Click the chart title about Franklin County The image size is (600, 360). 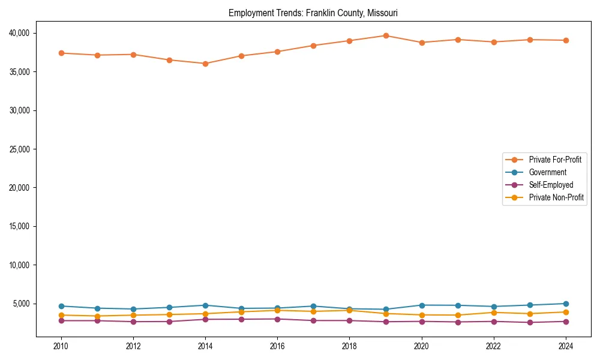point(313,13)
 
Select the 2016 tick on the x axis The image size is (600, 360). point(277,346)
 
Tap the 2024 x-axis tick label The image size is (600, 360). point(566,346)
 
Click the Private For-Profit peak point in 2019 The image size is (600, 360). point(386,36)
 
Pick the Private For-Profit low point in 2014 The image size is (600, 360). point(205,64)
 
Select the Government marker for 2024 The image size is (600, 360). point(566,304)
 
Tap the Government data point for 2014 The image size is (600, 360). point(205,305)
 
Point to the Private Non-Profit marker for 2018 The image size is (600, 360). point(350,310)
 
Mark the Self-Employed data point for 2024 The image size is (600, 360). point(566,322)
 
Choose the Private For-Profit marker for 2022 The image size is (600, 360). point(494,42)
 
